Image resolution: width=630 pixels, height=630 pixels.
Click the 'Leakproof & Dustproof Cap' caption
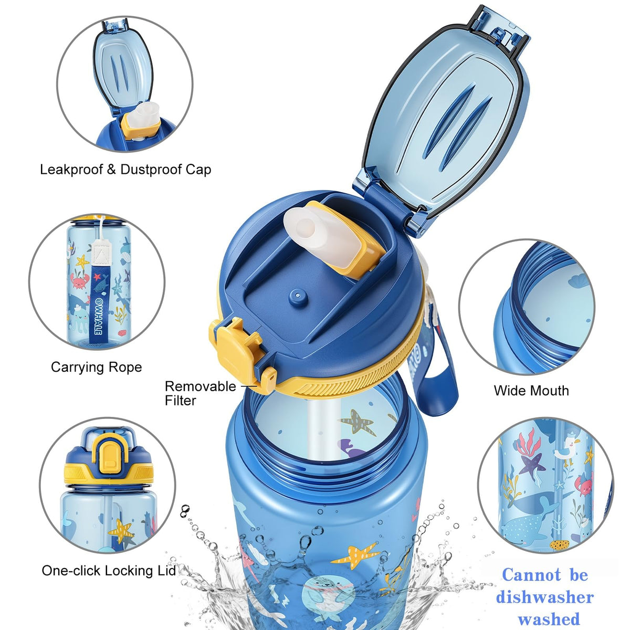point(125,170)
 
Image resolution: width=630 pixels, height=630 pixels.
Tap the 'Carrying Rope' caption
point(97,367)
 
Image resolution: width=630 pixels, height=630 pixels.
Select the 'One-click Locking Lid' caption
point(109,571)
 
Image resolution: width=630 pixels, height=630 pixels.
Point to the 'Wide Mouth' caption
point(531,391)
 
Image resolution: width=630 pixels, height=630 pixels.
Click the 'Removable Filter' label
point(200,393)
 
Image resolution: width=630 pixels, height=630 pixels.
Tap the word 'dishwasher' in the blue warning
point(544,597)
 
